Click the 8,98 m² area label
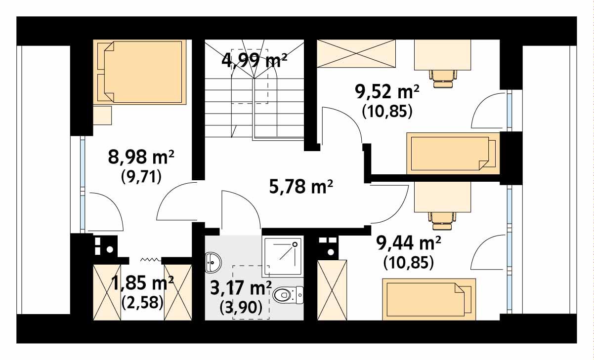[x=141, y=158]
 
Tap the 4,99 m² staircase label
[x=255, y=61]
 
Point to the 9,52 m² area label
[x=387, y=91]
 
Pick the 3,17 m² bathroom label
[x=241, y=287]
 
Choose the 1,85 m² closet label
[x=142, y=283]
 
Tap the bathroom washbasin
[x=212, y=262]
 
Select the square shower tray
[x=283, y=256]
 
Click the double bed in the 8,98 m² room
[x=142, y=72]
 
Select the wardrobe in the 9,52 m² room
[x=356, y=53]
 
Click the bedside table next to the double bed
[x=103, y=115]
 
